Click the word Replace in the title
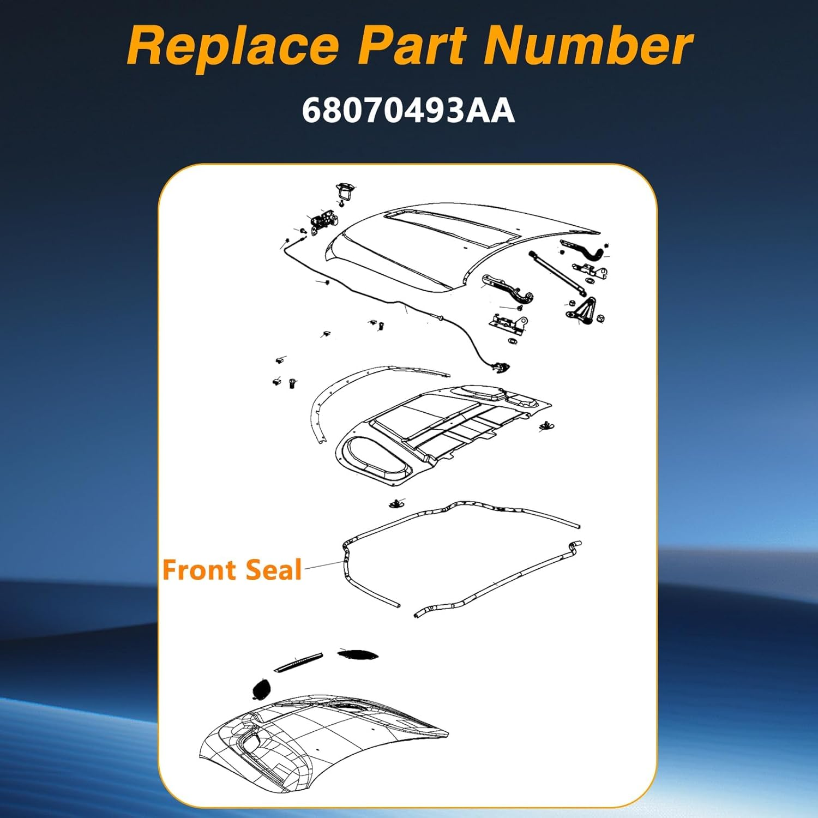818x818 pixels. coord(233,46)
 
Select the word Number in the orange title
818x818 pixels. coord(587,46)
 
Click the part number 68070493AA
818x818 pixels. coord(408,111)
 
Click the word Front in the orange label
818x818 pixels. coord(200,570)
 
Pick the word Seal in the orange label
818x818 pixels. coord(274,570)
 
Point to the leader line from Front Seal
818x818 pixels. coord(324,566)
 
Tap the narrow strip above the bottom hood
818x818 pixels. coord(298,662)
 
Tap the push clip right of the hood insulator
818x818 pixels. coord(545,425)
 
